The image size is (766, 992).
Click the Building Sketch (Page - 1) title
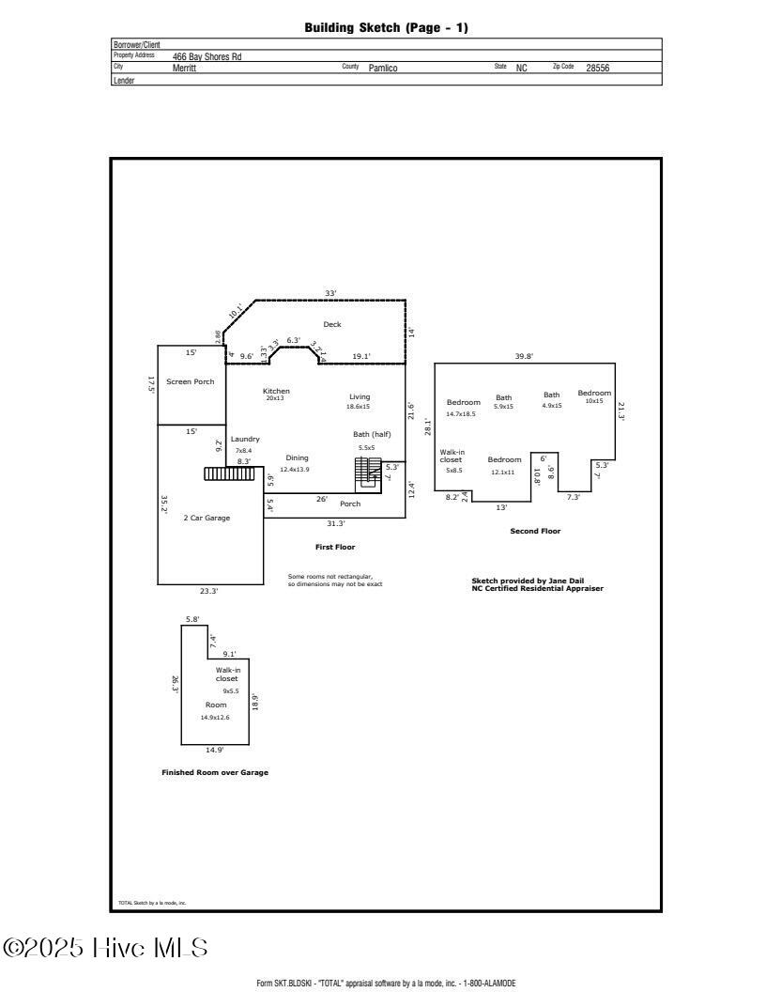tap(386, 28)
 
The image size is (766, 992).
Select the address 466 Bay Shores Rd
tap(207, 56)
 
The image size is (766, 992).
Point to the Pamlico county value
tap(383, 68)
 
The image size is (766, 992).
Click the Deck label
tap(332, 324)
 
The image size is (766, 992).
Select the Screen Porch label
tap(190, 381)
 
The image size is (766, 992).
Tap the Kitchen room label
tap(276, 391)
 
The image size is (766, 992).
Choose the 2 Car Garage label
tap(207, 518)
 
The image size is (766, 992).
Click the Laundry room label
tap(245, 439)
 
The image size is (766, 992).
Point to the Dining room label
tap(297, 457)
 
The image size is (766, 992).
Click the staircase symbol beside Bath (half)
tap(368, 473)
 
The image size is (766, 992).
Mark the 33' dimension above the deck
tap(330, 293)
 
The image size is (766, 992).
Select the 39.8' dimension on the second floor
tap(524, 356)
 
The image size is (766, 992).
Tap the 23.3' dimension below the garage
tap(208, 591)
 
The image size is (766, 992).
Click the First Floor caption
tap(335, 547)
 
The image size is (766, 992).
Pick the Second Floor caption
tap(535, 531)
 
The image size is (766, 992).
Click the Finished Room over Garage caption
tap(215, 772)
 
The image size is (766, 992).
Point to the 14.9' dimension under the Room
tap(214, 750)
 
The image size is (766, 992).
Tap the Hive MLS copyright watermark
tap(105, 948)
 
